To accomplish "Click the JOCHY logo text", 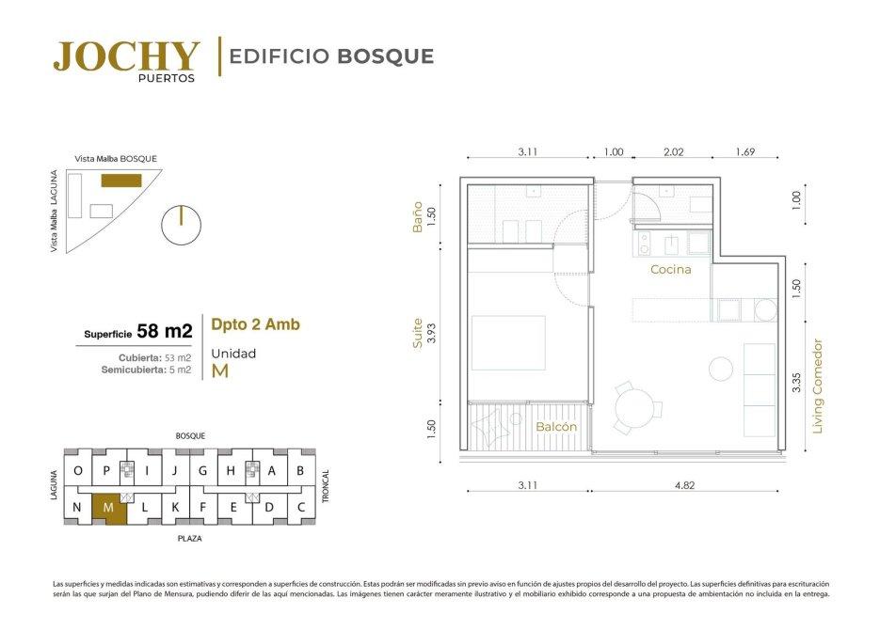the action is click(127, 56).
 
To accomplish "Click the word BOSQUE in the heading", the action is click(386, 56).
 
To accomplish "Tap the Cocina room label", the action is click(671, 270).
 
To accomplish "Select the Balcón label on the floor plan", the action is click(556, 427).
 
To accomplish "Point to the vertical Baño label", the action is click(417, 217).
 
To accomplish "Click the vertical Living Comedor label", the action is click(817, 386).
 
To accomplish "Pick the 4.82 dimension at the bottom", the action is click(684, 485).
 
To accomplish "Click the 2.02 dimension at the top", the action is click(674, 152).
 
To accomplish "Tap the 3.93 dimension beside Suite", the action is click(431, 333).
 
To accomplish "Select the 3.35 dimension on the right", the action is click(796, 383).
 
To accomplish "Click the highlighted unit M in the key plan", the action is click(109, 508).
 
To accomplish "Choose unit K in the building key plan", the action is click(175, 508).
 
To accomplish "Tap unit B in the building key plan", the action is click(300, 471).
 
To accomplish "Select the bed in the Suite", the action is click(508, 343).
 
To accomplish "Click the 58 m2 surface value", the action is click(165, 331).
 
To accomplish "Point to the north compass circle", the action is click(181, 225).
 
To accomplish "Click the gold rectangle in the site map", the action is click(121, 181).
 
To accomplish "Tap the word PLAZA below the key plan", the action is click(190, 539).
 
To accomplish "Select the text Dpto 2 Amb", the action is click(255, 325).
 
